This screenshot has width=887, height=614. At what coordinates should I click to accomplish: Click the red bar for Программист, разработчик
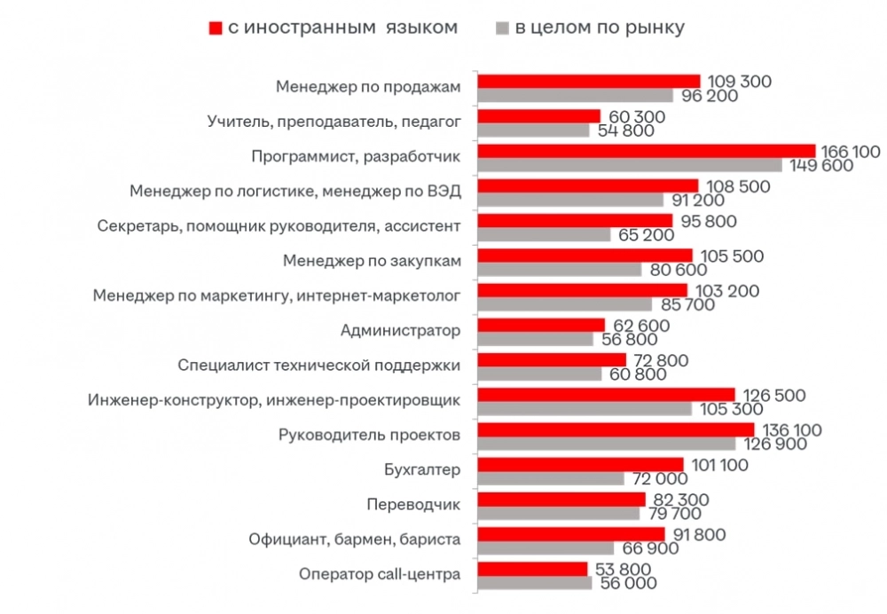646,151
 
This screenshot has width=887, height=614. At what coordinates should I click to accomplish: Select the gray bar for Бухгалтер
551,478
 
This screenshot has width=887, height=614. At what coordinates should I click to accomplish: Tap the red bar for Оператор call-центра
532,569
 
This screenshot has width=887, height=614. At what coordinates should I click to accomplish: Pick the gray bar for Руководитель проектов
606,444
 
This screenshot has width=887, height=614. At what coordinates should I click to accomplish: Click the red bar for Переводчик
562,500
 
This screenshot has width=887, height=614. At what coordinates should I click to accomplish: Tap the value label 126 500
773,394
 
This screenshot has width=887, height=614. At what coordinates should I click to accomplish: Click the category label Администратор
400,331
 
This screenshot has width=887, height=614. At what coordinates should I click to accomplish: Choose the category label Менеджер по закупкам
372,261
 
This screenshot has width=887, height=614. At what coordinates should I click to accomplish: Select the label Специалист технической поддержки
318,366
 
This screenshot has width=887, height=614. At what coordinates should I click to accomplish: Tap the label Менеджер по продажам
368,87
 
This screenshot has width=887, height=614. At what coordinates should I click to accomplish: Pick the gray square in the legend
502,28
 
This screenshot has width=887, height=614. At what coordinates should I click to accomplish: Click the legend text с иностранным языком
342,28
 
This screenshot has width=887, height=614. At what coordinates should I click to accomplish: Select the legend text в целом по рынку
600,28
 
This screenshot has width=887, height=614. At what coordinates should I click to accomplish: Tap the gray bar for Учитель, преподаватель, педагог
533,130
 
